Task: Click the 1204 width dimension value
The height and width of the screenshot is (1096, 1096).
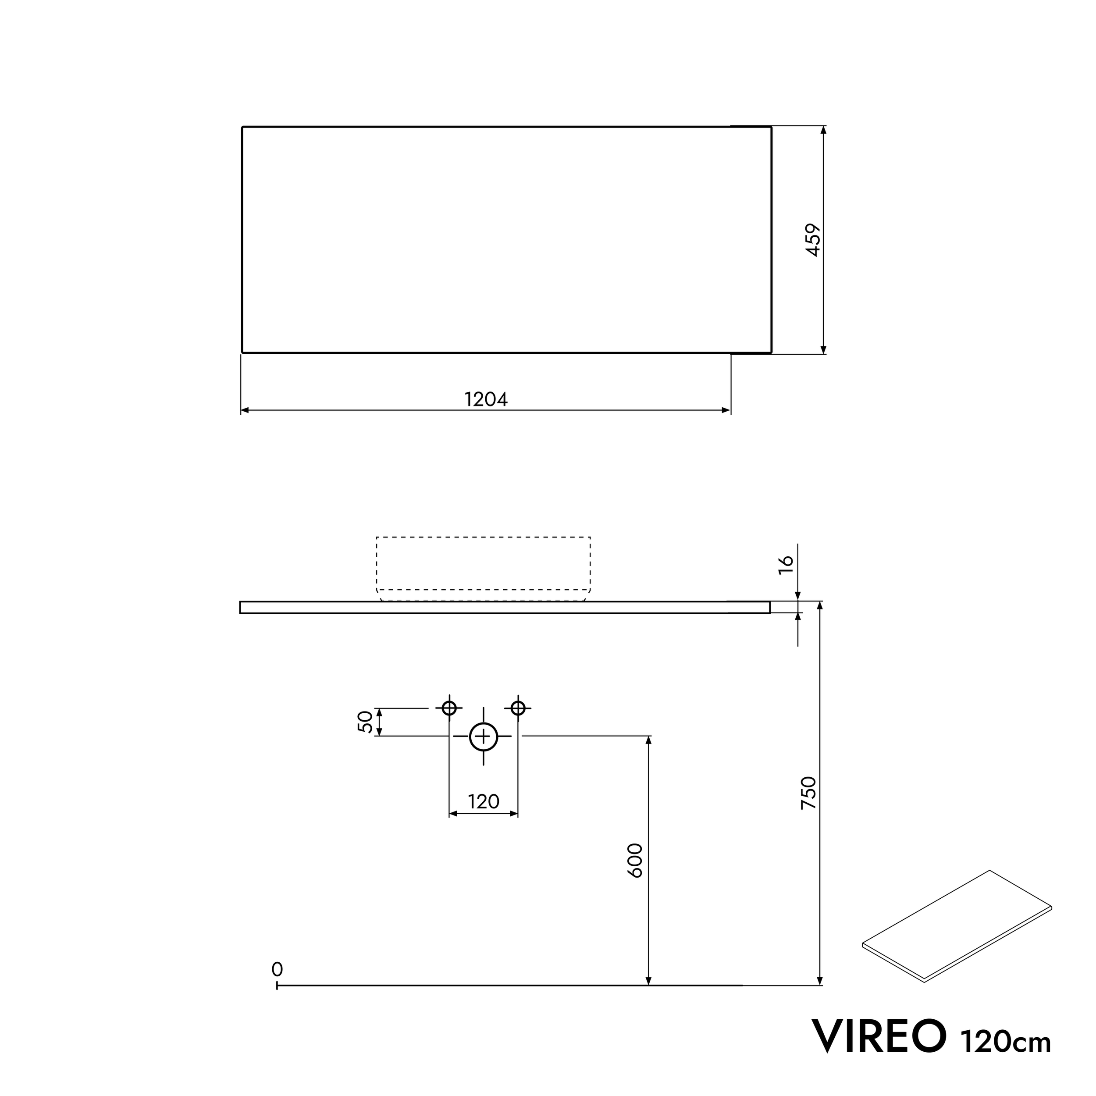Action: [486, 399]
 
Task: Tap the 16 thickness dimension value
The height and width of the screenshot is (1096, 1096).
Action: [786, 565]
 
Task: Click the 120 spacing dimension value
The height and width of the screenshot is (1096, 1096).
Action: [483, 801]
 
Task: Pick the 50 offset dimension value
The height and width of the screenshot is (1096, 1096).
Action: [366, 722]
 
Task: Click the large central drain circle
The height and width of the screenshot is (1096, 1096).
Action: [483, 737]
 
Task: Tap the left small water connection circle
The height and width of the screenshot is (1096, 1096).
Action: [449, 708]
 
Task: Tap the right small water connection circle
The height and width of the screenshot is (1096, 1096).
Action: [518, 708]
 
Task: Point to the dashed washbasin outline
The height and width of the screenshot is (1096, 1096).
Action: [483, 537]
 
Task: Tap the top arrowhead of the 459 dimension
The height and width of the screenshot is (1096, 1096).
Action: [824, 130]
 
